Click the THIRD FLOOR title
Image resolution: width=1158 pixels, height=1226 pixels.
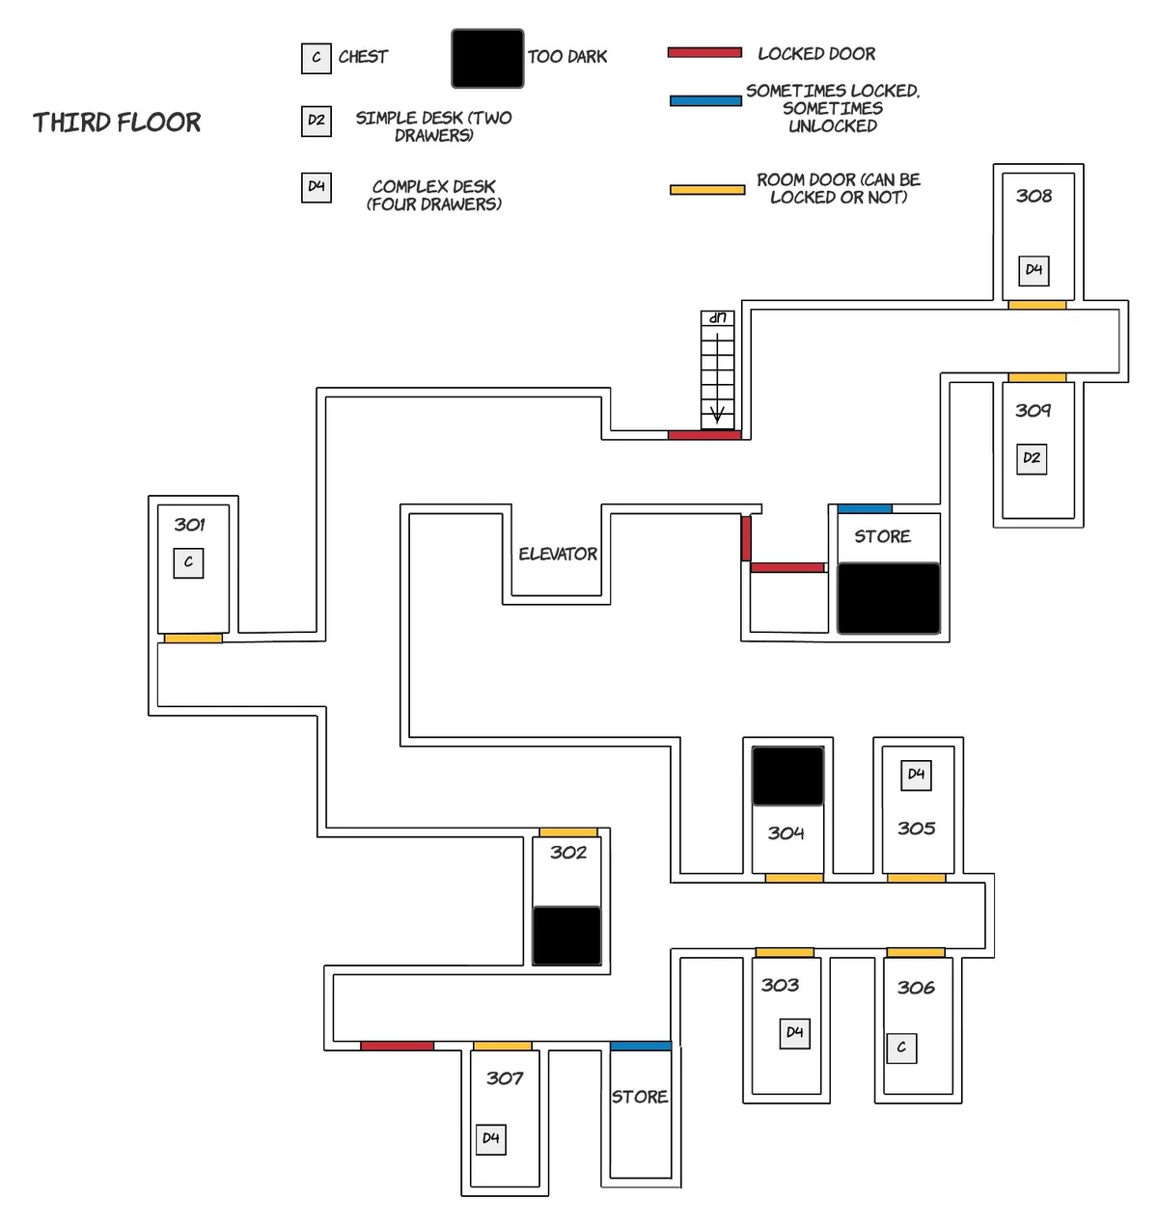click(117, 123)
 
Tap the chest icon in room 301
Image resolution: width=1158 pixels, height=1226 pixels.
click(188, 562)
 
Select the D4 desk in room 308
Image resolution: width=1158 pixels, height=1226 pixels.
click(1034, 270)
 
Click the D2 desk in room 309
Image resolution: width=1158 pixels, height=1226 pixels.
click(1032, 458)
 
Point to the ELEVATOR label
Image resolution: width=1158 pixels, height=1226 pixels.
click(558, 555)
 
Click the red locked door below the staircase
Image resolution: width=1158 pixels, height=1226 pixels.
click(704, 435)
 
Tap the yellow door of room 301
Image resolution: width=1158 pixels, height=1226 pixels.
click(193, 639)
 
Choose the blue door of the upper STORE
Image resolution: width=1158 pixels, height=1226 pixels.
click(865, 508)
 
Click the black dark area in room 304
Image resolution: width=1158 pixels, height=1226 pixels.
click(787, 776)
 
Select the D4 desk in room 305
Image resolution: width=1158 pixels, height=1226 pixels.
click(916, 775)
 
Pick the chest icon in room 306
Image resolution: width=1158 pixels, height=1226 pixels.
click(901, 1048)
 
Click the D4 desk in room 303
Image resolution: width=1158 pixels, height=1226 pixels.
click(794, 1033)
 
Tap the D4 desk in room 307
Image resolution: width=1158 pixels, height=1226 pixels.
click(491, 1139)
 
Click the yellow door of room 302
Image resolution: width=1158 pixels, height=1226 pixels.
click(567, 832)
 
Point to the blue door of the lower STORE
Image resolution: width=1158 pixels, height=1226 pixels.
click(641, 1046)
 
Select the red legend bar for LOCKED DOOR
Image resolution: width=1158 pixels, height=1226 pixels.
click(704, 53)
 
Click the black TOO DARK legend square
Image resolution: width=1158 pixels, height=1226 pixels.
click(487, 58)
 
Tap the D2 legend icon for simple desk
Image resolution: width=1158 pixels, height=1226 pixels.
click(316, 121)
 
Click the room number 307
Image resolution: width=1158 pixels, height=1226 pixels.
click(505, 1078)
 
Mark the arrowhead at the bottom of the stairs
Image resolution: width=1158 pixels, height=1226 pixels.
click(717, 417)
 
